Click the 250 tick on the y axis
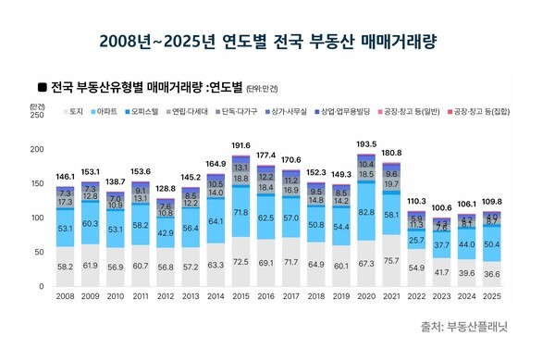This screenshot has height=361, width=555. click(36, 116)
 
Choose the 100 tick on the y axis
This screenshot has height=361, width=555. click(36, 218)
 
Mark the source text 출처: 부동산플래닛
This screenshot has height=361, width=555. click(469, 326)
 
